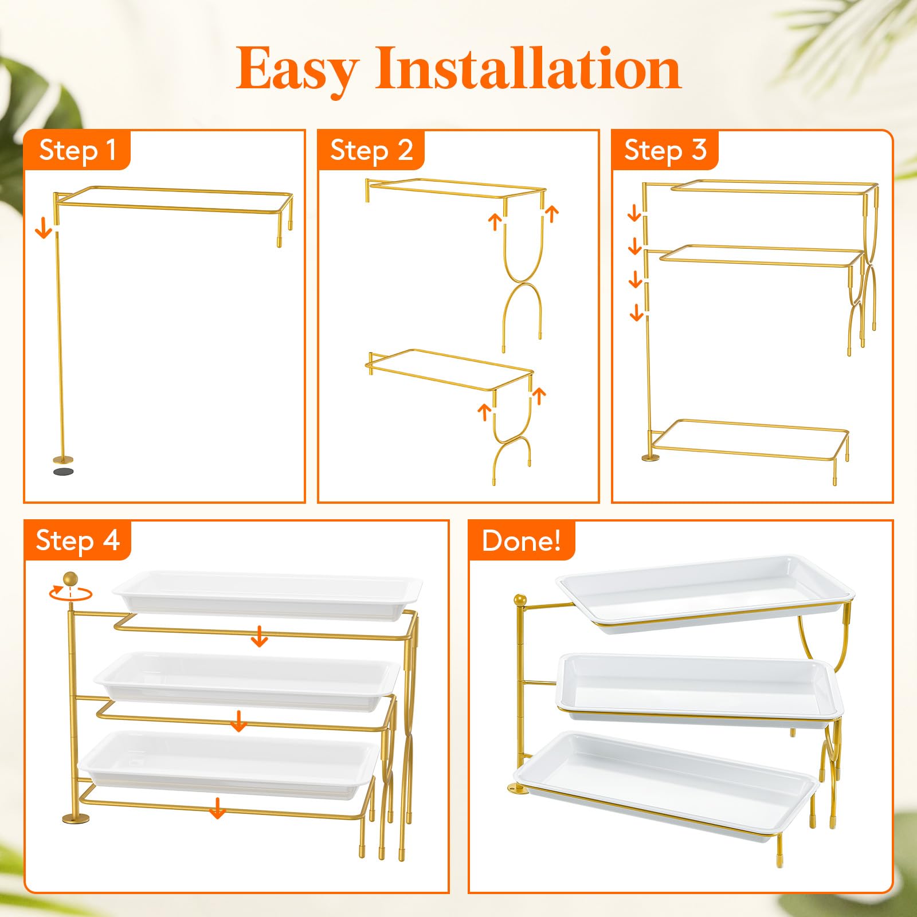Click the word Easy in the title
297,70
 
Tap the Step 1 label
78,150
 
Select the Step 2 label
371,150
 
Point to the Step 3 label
665,150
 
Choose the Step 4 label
78,540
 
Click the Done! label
522,540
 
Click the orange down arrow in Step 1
44,229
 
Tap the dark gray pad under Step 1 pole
63,471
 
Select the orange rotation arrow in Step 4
70,593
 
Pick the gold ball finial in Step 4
70,578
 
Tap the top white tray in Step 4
267,595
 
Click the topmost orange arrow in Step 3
634,213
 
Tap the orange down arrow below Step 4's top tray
260,636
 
